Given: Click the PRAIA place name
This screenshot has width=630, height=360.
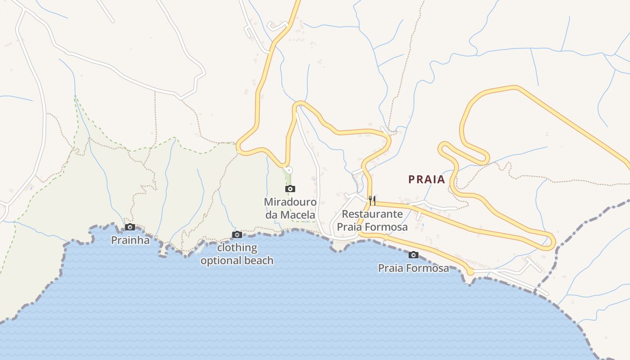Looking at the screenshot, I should pos(426,180).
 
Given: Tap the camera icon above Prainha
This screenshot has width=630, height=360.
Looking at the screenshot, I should pos(130,227).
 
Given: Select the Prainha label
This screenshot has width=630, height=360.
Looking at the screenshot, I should pos(130,240).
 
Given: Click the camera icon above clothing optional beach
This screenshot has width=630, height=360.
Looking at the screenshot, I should pos(237,234).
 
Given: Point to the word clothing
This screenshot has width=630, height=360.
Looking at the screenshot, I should pos(237,247).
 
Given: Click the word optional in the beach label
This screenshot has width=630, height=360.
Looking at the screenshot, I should pos(220,261).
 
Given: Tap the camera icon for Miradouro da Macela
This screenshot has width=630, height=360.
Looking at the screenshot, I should pos(290,189).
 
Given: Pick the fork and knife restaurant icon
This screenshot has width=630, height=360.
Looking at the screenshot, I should pos(372,201).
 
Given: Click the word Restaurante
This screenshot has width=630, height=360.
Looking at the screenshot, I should pos(372,214).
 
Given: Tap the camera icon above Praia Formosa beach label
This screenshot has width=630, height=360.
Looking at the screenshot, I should pos(413,255).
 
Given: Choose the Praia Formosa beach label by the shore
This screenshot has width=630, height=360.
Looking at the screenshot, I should pos(413,269).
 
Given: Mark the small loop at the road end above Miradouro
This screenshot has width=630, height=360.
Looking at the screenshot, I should pos(289,170).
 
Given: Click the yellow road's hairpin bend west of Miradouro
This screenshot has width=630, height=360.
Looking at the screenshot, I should pos(239,147).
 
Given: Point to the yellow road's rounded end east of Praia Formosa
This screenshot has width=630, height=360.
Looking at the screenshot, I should pos(470,271).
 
